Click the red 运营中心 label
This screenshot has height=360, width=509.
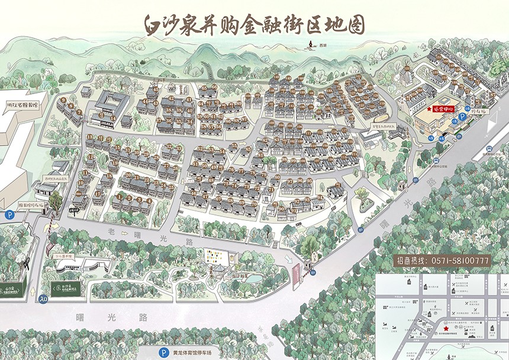445,109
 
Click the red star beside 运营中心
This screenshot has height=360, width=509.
429,110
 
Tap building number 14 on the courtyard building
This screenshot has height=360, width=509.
112,118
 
